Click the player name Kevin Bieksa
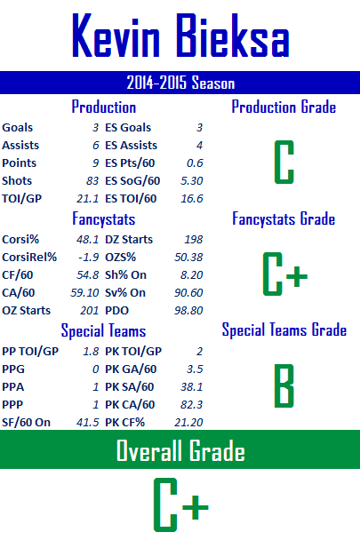tap(180, 36)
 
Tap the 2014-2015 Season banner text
tap(180, 83)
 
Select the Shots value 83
tap(92, 181)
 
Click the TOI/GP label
tap(21, 199)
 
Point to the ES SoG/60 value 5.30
tap(192, 181)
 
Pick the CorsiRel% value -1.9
tap(89, 258)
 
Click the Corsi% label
tap(20, 239)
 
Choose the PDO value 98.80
tap(188, 311)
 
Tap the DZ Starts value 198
tap(194, 239)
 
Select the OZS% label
tap(120, 258)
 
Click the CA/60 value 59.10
tap(84, 293)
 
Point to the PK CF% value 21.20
tap(188, 423)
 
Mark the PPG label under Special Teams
tap(13, 369)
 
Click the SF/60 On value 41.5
tap(88, 423)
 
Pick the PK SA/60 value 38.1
tap(192, 387)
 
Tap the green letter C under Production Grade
tap(284, 162)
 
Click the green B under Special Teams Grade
tap(284, 385)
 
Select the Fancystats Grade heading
tap(284, 219)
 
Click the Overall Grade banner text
tap(180, 450)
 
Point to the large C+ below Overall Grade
tap(180, 504)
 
